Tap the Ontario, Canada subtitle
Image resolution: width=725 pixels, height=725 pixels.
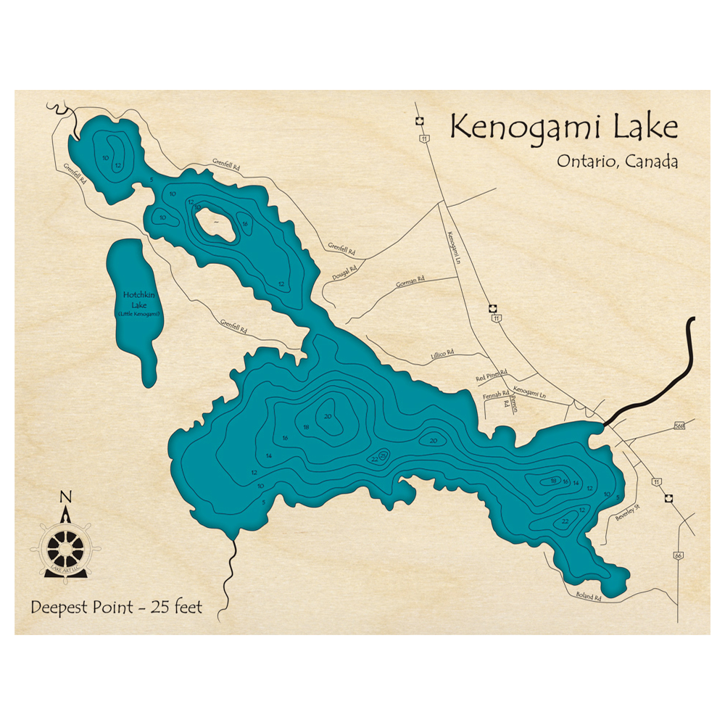[617, 161]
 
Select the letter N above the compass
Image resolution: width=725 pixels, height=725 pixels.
[65, 497]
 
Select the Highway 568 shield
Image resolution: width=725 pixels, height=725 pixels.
[679, 425]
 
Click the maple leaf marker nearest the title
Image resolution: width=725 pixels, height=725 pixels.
[419, 121]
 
